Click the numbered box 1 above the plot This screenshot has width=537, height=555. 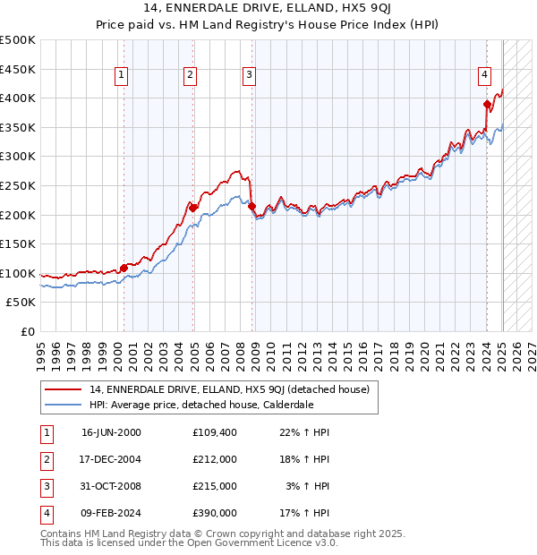pos(121,76)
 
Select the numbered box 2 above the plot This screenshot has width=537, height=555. pos(191,76)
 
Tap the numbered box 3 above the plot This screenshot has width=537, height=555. pos(248,76)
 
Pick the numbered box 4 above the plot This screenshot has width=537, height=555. pos(483,76)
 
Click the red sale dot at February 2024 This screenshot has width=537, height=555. pos(487,104)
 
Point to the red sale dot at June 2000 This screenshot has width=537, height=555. pos(124,268)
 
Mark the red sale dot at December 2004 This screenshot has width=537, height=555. pos(192,208)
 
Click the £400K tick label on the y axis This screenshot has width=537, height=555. pos(18,98)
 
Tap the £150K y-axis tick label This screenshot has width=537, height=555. pos(18,243)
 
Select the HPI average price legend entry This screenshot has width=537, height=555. pos(201,405)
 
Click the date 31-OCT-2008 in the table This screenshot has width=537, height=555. pos(111,486)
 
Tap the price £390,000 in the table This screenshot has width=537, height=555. pos(215,513)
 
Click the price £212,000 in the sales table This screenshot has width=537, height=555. pos(215,459)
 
